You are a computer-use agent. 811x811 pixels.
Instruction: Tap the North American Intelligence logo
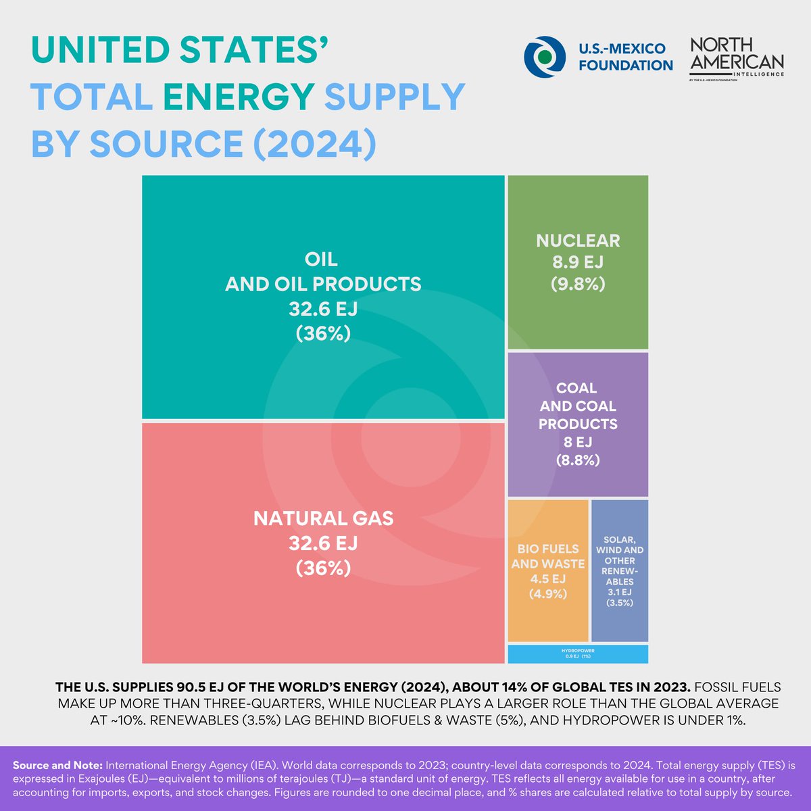(736, 58)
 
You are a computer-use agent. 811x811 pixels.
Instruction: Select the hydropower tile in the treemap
(578, 654)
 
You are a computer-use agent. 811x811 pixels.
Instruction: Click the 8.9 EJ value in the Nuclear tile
(578, 262)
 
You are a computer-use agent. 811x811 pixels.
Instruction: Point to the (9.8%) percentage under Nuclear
(578, 284)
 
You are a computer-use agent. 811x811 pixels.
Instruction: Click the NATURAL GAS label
(323, 518)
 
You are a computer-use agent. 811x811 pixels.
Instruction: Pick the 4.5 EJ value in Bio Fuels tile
(547, 579)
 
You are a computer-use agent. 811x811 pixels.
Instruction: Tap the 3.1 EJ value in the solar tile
(619, 592)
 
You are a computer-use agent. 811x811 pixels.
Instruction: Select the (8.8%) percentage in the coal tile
(578, 460)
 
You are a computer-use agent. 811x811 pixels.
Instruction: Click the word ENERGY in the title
(239, 97)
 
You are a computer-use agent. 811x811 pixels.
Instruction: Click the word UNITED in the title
(95, 51)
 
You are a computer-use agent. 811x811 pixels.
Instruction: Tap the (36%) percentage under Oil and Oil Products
(323, 333)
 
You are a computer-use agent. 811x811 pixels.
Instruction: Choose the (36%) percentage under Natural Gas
(323, 568)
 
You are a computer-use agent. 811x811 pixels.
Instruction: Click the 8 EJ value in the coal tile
(578, 442)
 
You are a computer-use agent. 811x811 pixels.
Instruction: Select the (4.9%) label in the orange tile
(547, 594)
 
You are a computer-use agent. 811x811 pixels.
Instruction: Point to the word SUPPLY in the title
(395, 97)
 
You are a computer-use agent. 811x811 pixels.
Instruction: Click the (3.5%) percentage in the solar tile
(619, 603)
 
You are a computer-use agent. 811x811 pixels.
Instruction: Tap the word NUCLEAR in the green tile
(578, 241)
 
